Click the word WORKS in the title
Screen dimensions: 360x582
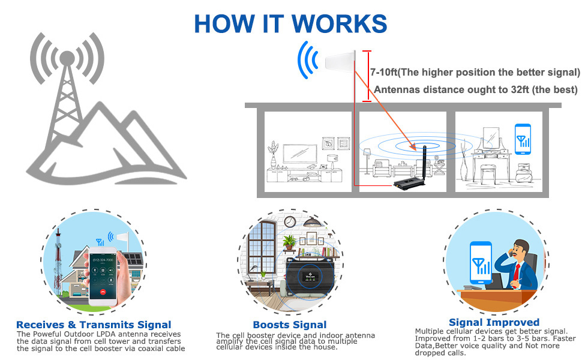click(x=336, y=23)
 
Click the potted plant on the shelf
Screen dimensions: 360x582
click(x=289, y=242)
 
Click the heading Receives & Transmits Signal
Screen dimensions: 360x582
click(x=94, y=325)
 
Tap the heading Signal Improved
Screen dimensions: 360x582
click(x=494, y=322)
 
